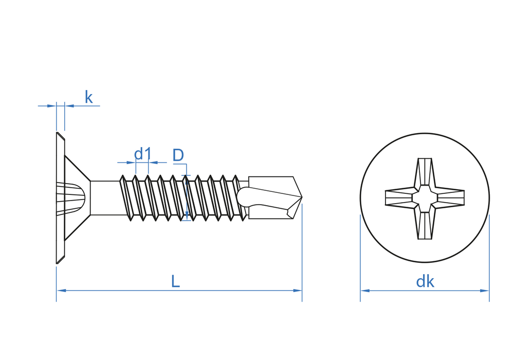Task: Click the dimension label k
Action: [x=88, y=97]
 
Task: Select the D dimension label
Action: [x=178, y=155]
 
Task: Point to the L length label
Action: [x=175, y=281]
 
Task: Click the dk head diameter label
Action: [x=425, y=281]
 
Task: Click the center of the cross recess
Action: [x=425, y=198]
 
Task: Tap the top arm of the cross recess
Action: [x=425, y=172]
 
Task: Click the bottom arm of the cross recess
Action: [x=425, y=225]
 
